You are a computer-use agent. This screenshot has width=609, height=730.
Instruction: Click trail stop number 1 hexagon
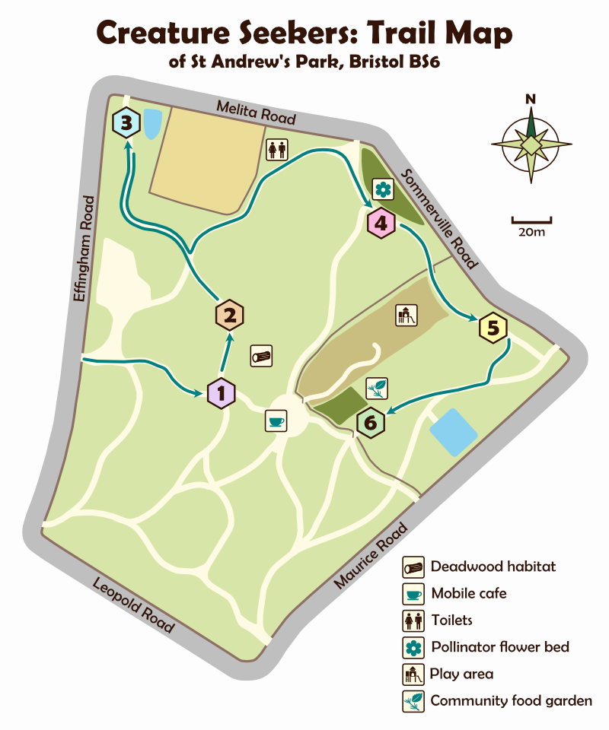point(222,393)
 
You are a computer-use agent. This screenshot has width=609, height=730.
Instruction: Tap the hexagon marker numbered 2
point(229,313)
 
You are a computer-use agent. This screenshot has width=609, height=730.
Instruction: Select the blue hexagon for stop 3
point(126,122)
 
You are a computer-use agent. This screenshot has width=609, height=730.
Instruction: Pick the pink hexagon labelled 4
point(381,224)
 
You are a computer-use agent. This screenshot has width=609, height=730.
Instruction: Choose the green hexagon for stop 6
point(371,423)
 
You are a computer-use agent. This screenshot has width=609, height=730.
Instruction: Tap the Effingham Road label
point(84,249)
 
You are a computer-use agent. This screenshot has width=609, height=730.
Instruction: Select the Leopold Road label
point(133,605)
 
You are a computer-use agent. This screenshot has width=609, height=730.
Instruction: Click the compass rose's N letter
point(531,99)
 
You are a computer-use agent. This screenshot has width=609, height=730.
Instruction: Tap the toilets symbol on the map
point(276,149)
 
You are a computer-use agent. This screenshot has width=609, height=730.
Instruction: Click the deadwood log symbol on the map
point(261,356)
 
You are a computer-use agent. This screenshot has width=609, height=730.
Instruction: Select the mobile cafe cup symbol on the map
point(275,421)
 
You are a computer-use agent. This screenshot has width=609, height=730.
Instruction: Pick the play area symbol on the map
point(407,315)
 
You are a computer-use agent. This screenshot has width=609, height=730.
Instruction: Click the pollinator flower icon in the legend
point(413,647)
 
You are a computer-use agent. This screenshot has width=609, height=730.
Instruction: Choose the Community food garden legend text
point(511,700)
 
